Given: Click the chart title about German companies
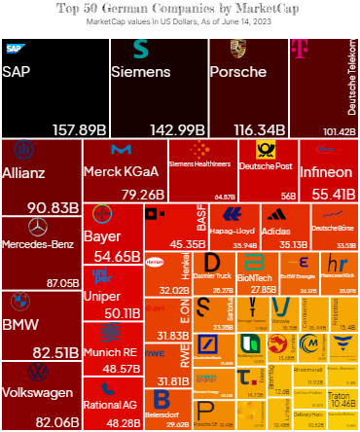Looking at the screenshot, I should pyautogui.click(x=180, y=8).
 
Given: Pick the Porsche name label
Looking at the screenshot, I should pyautogui.click(x=238, y=72).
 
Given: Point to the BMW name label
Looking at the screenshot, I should pyautogui.click(x=21, y=324).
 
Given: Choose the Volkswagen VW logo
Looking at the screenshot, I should pyautogui.click(x=39, y=373).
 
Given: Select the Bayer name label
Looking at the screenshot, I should pyautogui.click(x=102, y=236).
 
